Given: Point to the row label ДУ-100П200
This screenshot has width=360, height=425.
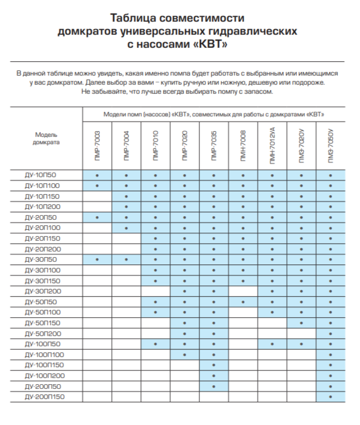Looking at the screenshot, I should (x=45, y=376).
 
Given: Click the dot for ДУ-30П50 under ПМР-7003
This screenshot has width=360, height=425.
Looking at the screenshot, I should (x=98, y=260).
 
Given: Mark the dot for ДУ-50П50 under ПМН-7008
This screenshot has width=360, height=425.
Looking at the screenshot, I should (x=243, y=302).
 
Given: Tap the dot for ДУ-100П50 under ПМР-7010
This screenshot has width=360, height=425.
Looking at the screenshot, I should (x=156, y=344).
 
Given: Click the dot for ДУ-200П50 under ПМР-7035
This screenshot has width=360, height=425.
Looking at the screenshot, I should (x=214, y=386).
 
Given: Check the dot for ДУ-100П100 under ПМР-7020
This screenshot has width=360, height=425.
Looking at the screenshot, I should (x=185, y=355).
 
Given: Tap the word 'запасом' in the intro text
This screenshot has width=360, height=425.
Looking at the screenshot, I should (x=258, y=91).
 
